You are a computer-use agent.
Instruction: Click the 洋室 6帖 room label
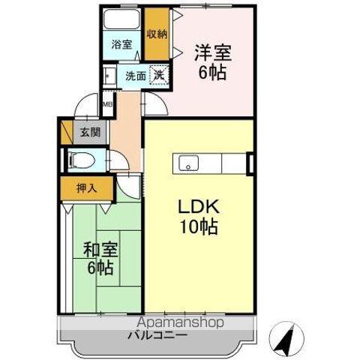(x=212, y=62)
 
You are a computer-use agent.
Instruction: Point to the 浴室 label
(x=121, y=43)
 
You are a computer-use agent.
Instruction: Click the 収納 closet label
(x=157, y=33)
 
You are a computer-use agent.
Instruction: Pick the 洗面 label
(x=135, y=75)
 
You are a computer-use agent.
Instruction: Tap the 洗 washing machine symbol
(x=159, y=74)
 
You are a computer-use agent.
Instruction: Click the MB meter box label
(x=106, y=104)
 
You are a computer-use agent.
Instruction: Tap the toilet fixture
(x=81, y=159)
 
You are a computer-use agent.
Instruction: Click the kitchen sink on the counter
(x=187, y=161)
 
